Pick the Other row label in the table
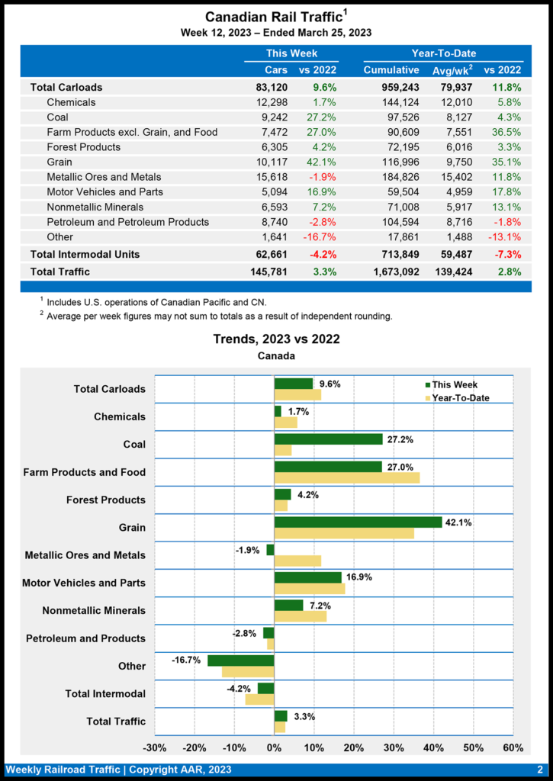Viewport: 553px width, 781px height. click(x=59, y=236)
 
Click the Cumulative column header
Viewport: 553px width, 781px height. click(x=391, y=70)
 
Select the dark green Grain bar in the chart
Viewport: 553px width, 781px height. click(x=358, y=522)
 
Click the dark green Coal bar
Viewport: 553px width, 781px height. click(x=328, y=439)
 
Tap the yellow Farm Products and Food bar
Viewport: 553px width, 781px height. click(x=346, y=477)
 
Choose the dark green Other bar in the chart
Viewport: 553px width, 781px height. click(x=240, y=660)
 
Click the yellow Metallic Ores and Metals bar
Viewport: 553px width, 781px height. click(x=297, y=561)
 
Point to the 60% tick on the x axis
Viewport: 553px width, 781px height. click(x=513, y=747)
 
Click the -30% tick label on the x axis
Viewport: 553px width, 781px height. click(x=155, y=747)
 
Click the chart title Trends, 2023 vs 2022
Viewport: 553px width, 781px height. click(x=276, y=339)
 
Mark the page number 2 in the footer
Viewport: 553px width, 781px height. click(x=539, y=770)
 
